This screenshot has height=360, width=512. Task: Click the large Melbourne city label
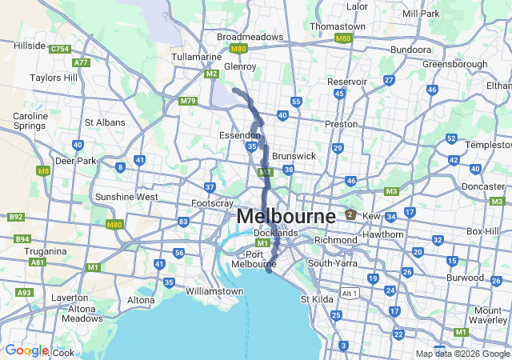point(286,217)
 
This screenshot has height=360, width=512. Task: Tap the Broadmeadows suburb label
point(250,37)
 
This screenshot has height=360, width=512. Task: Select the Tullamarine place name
point(195,57)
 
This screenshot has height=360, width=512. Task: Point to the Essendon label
point(239,135)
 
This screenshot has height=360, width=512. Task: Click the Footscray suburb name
point(213,203)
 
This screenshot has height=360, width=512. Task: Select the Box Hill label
point(482,231)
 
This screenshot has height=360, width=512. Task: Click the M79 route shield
point(189,101)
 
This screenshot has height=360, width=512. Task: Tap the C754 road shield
point(59,50)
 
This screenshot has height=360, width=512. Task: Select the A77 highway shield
point(81,62)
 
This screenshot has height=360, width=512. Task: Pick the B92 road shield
point(14,217)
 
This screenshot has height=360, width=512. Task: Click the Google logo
point(26,350)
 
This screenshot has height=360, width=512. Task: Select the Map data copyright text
point(462,354)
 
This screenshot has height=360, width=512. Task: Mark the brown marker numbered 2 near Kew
point(350,214)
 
